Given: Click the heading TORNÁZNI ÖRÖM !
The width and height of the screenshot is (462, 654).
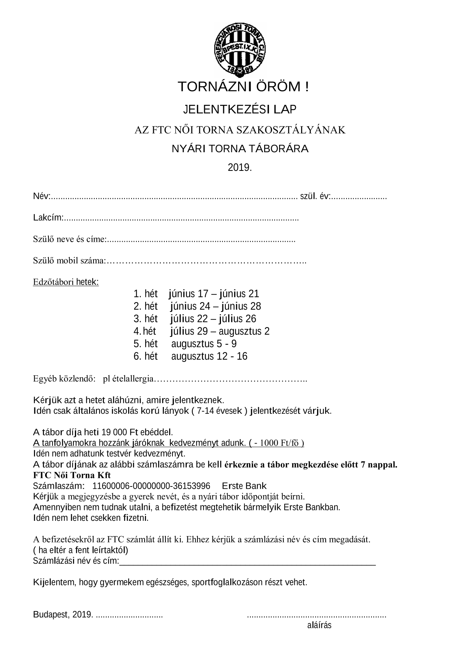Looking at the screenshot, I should [243, 87].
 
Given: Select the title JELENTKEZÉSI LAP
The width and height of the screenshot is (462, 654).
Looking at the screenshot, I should [240, 109].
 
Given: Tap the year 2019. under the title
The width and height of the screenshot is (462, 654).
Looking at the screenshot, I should [240, 168].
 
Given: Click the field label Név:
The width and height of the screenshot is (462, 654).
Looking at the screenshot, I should [41, 196].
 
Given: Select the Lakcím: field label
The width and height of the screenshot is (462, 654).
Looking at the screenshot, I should [48, 218].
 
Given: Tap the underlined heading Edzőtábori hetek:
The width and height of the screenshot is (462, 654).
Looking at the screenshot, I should [66, 282].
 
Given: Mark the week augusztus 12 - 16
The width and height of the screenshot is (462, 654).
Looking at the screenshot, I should [209, 356].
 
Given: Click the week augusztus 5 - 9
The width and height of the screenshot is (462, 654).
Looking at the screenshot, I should [204, 344].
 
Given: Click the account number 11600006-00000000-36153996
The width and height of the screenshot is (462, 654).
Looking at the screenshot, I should [151, 486].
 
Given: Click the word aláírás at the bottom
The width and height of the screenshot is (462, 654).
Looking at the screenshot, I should [319, 625].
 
